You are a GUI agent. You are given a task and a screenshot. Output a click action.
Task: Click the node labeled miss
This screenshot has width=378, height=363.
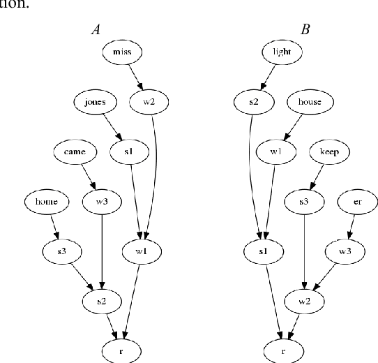point(122,52)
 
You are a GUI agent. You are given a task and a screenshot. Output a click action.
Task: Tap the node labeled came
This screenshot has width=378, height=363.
point(73,151)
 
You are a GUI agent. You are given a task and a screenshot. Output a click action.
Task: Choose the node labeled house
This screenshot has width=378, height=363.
point(309,102)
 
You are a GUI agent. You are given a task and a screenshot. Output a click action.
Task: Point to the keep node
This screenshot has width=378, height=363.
point(329,151)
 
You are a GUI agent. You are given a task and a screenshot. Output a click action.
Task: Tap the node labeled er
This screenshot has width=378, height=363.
point(357,202)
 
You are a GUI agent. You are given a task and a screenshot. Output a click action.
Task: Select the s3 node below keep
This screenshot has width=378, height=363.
point(304,202)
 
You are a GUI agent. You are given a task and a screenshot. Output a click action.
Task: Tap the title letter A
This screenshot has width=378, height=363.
point(96,29)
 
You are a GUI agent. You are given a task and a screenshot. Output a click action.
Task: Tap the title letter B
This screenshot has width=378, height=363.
point(304,29)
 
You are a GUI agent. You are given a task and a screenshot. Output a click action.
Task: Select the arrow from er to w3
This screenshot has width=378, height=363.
point(350,225)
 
